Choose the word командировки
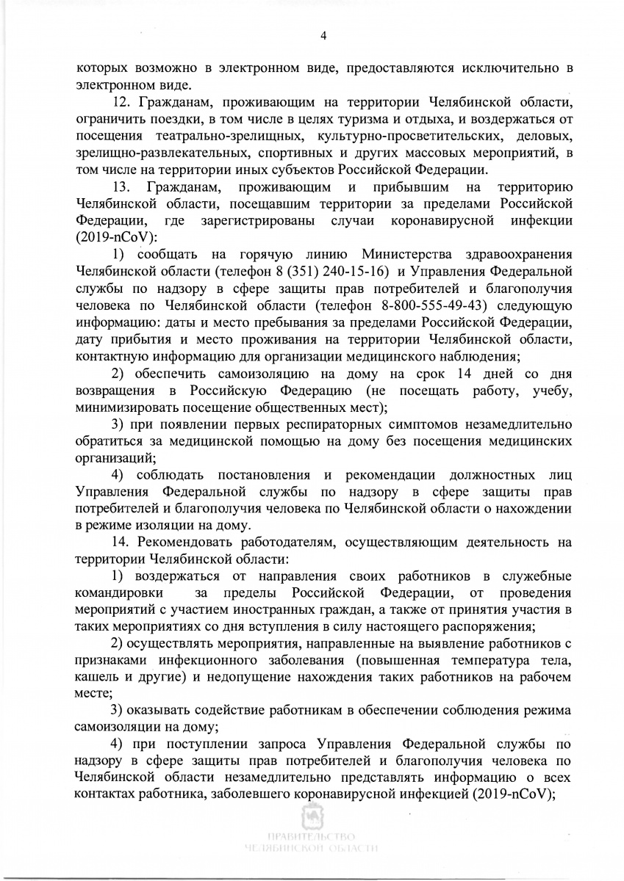tap(114, 592)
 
